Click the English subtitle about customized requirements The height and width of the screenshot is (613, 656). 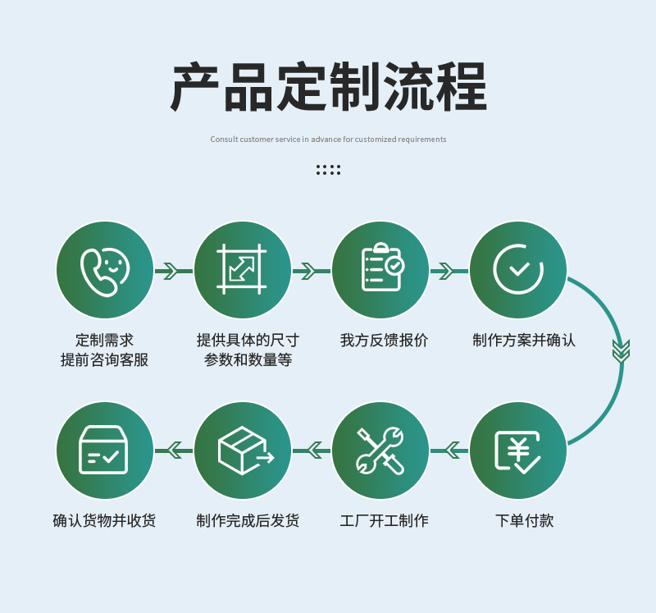click(328, 140)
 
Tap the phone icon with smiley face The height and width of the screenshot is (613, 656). click(105, 270)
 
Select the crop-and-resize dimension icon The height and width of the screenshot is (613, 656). click(242, 270)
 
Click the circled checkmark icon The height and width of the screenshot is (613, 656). click(518, 270)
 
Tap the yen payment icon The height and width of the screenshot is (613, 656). click(518, 451)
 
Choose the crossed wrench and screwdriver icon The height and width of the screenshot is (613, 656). click(380, 451)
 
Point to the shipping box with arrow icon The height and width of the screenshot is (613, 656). click(244, 451)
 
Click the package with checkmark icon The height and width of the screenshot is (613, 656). click(104, 451)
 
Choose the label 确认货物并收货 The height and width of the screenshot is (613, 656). click(104, 521)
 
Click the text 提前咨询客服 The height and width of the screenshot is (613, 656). click(104, 360)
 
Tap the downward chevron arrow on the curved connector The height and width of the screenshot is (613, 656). click(621, 350)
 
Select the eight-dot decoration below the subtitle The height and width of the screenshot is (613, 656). click(328, 170)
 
